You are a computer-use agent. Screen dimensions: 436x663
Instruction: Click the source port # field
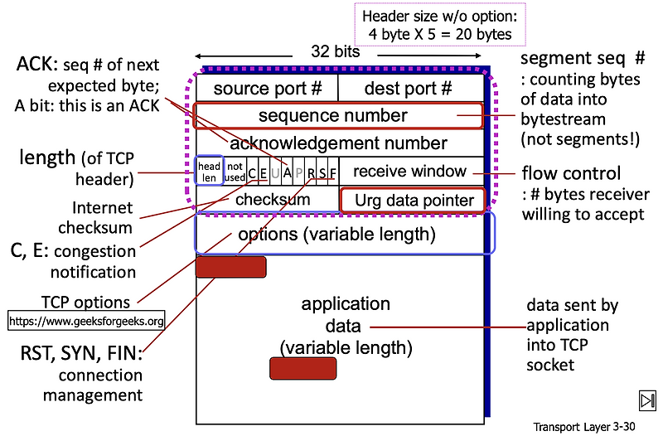tap(266, 88)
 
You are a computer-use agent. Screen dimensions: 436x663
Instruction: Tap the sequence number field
tap(337, 116)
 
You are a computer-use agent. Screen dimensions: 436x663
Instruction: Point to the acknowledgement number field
tap(337, 143)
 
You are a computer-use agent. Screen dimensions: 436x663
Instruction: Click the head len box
tap(209, 171)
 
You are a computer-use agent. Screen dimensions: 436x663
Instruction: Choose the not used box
tap(235, 171)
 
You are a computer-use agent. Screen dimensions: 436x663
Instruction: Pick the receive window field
tap(410, 172)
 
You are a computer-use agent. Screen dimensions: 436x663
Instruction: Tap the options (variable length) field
tap(343, 234)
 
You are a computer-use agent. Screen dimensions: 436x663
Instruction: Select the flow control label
tap(571, 174)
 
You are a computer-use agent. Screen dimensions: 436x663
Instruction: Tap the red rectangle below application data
tap(302, 368)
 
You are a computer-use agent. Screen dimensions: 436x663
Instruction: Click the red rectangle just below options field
tap(230, 267)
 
